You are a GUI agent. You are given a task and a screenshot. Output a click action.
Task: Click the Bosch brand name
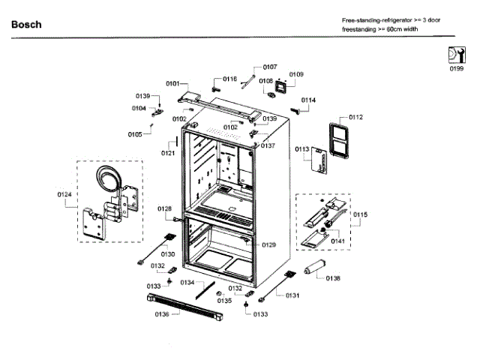click(26, 25)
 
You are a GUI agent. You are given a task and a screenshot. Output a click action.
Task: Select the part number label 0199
click(456, 68)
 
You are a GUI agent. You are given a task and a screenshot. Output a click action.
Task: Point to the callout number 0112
click(355, 117)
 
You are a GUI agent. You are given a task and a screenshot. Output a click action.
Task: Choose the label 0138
click(333, 277)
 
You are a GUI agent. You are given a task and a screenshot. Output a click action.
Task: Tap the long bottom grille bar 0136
click(180, 307)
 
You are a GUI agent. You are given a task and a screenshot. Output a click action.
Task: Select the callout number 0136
click(162, 314)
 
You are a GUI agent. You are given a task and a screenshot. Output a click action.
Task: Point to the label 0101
click(172, 83)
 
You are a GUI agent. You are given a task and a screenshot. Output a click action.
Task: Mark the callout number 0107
click(270, 67)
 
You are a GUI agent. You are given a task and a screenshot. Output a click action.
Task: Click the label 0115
click(361, 214)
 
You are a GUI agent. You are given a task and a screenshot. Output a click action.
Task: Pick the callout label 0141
click(338, 241)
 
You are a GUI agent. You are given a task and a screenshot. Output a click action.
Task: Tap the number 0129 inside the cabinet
click(268, 245)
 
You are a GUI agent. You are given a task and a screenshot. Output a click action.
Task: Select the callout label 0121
click(168, 153)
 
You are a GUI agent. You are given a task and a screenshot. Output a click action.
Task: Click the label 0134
click(187, 282)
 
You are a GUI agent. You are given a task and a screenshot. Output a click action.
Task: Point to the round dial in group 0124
click(110, 181)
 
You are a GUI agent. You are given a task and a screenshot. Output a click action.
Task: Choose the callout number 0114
click(308, 100)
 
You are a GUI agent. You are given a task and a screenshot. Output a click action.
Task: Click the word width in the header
click(406, 31)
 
